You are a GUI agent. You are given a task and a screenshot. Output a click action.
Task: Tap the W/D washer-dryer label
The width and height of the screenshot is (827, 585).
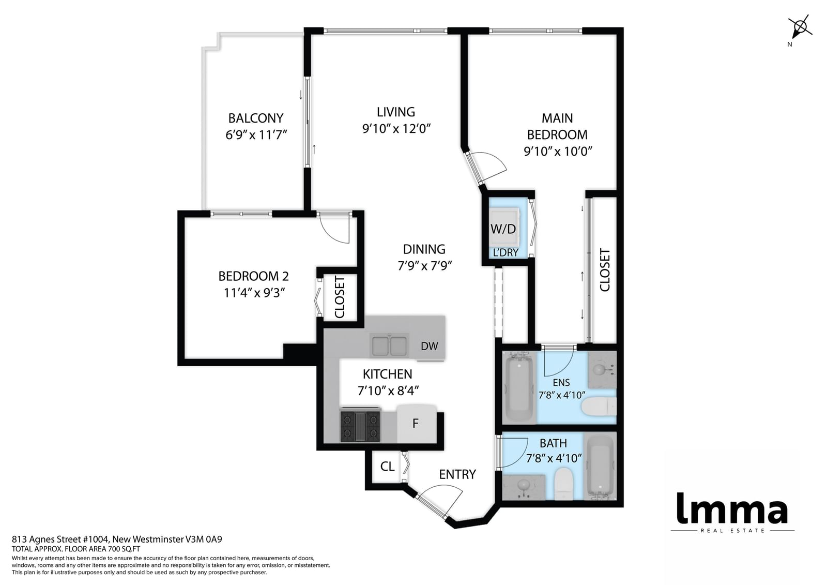click(x=503, y=229)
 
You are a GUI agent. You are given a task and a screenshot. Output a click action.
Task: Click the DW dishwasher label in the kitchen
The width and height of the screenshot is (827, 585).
click(x=430, y=346)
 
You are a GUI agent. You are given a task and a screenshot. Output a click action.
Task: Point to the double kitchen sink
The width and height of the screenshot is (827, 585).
click(x=389, y=346)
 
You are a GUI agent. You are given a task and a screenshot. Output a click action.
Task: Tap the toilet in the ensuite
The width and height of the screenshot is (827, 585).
click(x=599, y=407)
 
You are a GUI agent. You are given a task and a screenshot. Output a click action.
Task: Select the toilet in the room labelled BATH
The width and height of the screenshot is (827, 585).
click(x=563, y=484)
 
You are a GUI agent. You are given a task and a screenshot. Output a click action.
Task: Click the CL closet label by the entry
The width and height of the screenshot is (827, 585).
click(x=387, y=467)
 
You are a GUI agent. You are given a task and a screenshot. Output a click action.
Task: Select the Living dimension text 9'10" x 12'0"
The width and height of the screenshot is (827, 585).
click(x=396, y=129)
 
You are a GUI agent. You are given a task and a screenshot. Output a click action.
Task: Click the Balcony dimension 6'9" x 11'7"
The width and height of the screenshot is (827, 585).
click(x=256, y=134)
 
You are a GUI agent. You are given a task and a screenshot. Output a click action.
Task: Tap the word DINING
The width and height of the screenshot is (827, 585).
click(x=424, y=249)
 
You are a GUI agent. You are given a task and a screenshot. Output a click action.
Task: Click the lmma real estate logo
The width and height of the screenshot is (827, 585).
click(x=732, y=513)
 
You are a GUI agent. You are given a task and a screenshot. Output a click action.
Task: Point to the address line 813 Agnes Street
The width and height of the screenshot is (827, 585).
click(x=117, y=539)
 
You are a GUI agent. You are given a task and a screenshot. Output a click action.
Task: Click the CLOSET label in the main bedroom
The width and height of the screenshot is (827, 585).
click(x=605, y=270)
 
